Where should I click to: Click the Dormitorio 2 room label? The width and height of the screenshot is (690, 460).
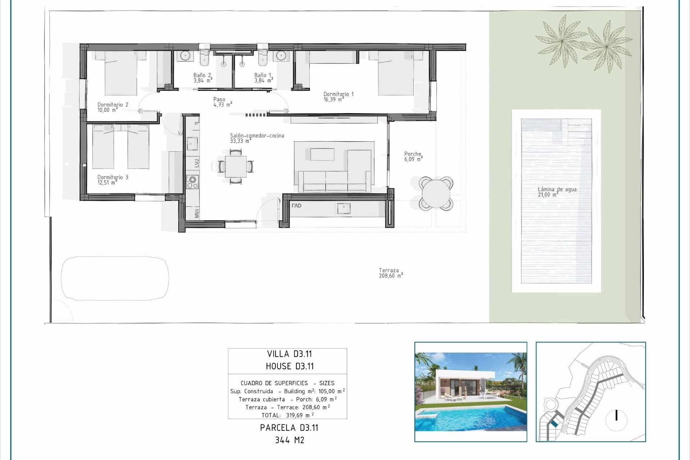pos(112,105)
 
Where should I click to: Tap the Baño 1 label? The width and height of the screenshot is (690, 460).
pos(263,75)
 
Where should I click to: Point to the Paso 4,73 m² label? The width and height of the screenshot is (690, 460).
pos(222,102)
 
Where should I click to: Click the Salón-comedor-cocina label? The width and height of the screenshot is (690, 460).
pos(257,135)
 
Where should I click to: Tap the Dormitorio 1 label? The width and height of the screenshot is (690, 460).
pos(338,94)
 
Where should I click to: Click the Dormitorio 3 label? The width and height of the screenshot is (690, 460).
pos(112,177)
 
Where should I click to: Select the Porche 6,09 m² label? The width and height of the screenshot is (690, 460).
pos(413,156)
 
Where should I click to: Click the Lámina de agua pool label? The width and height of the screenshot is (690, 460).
pos(557,189)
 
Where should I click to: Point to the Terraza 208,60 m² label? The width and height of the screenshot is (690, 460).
pos(390,273)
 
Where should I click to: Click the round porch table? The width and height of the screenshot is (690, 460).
pos(436,194)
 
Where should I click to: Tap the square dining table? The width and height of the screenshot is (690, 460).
pos(236,166)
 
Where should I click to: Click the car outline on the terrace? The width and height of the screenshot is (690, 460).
pos(115,278)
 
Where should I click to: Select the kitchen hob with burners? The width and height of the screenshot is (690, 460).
pos(192,181)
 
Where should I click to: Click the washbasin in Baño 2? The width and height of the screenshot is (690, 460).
pos(185,56)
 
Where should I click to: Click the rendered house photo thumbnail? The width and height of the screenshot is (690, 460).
pos(470,392)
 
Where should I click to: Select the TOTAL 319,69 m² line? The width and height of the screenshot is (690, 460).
pos(287,415)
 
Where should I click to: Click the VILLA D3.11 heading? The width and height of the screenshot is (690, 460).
pos(289,354)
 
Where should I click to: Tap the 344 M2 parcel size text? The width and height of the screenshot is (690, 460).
pos(289,440)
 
